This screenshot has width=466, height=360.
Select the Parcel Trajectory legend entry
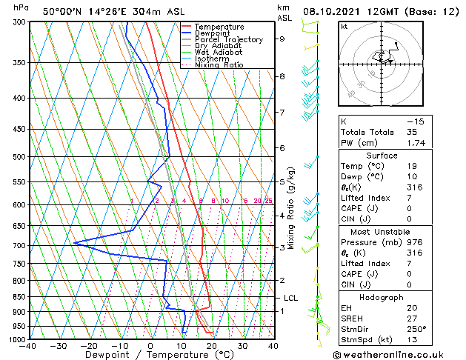click(228, 40)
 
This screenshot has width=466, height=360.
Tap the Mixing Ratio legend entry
click(219, 65)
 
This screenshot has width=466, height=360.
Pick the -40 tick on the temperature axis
click(28, 345)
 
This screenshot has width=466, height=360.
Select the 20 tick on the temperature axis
click(211, 345)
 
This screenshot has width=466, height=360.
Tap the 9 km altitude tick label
click(282, 39)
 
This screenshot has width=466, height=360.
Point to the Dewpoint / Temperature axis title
click(150, 355)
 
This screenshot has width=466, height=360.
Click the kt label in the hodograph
click(344, 27)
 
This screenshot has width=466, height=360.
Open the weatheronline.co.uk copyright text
click(399, 353)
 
